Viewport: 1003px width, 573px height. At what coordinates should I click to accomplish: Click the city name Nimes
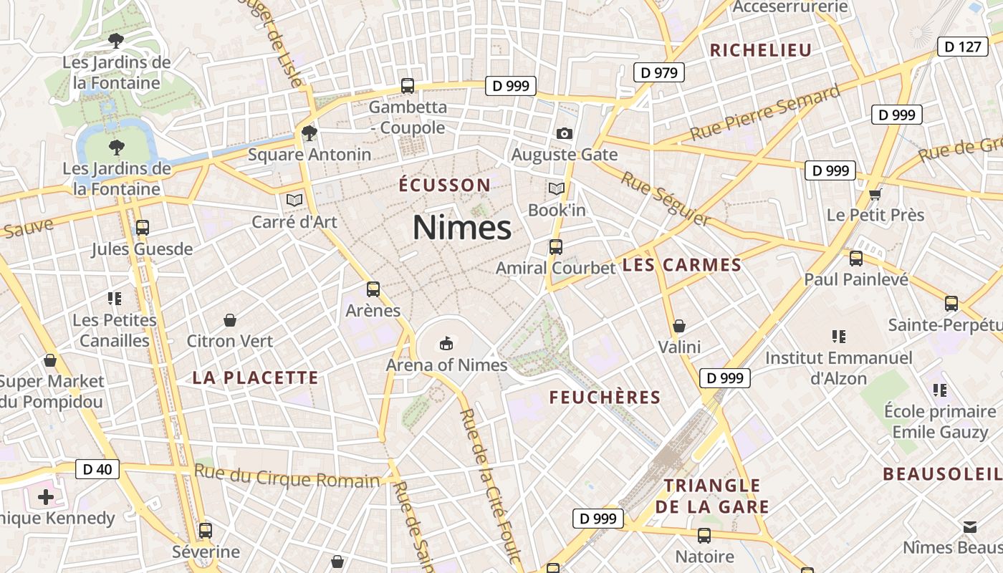coord(462,228)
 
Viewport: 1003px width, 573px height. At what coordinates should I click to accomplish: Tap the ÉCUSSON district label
coord(445,185)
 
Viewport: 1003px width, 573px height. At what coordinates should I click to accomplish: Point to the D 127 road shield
coord(962,47)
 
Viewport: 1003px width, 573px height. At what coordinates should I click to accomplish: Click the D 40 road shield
coord(97,470)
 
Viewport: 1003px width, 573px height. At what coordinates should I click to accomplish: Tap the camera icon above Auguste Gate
coord(565,133)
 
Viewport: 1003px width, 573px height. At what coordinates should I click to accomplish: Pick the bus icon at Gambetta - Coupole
coord(408,86)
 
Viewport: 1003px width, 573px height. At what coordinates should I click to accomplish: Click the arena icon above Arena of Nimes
coord(446,344)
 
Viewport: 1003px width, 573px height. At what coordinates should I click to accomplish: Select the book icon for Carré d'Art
coord(294,201)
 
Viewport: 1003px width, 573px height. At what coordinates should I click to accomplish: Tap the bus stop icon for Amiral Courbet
coord(556,247)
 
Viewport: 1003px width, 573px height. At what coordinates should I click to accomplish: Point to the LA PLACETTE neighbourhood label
coord(255,377)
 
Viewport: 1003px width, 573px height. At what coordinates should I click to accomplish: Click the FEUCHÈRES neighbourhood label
coord(605,398)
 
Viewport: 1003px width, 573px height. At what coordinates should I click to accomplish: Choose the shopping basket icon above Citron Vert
coord(230,319)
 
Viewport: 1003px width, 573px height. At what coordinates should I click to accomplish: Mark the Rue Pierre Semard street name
coord(764,113)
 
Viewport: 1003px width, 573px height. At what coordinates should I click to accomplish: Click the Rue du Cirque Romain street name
coord(287,476)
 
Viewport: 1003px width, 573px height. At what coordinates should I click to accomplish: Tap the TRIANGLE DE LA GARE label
coord(712,496)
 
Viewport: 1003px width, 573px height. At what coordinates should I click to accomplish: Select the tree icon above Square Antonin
coord(309,133)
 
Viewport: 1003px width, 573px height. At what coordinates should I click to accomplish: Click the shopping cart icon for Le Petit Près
coord(875,194)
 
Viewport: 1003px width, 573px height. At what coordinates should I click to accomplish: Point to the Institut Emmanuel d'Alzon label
coord(839,367)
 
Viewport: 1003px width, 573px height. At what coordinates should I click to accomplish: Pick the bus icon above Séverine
coord(206,531)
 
